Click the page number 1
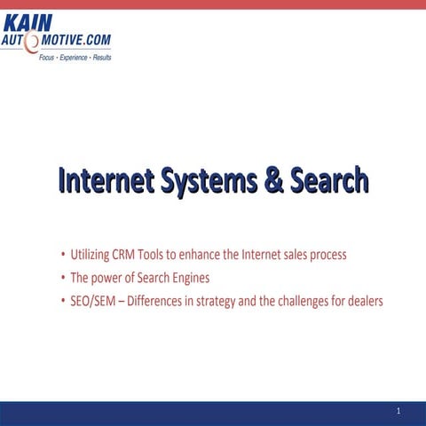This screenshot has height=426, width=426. coord(400,411)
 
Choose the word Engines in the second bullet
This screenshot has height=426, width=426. coord(189,279)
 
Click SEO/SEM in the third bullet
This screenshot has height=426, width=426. coord(92,301)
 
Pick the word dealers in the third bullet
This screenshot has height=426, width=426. coord(365,301)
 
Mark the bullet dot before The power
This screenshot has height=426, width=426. coord(62,279)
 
